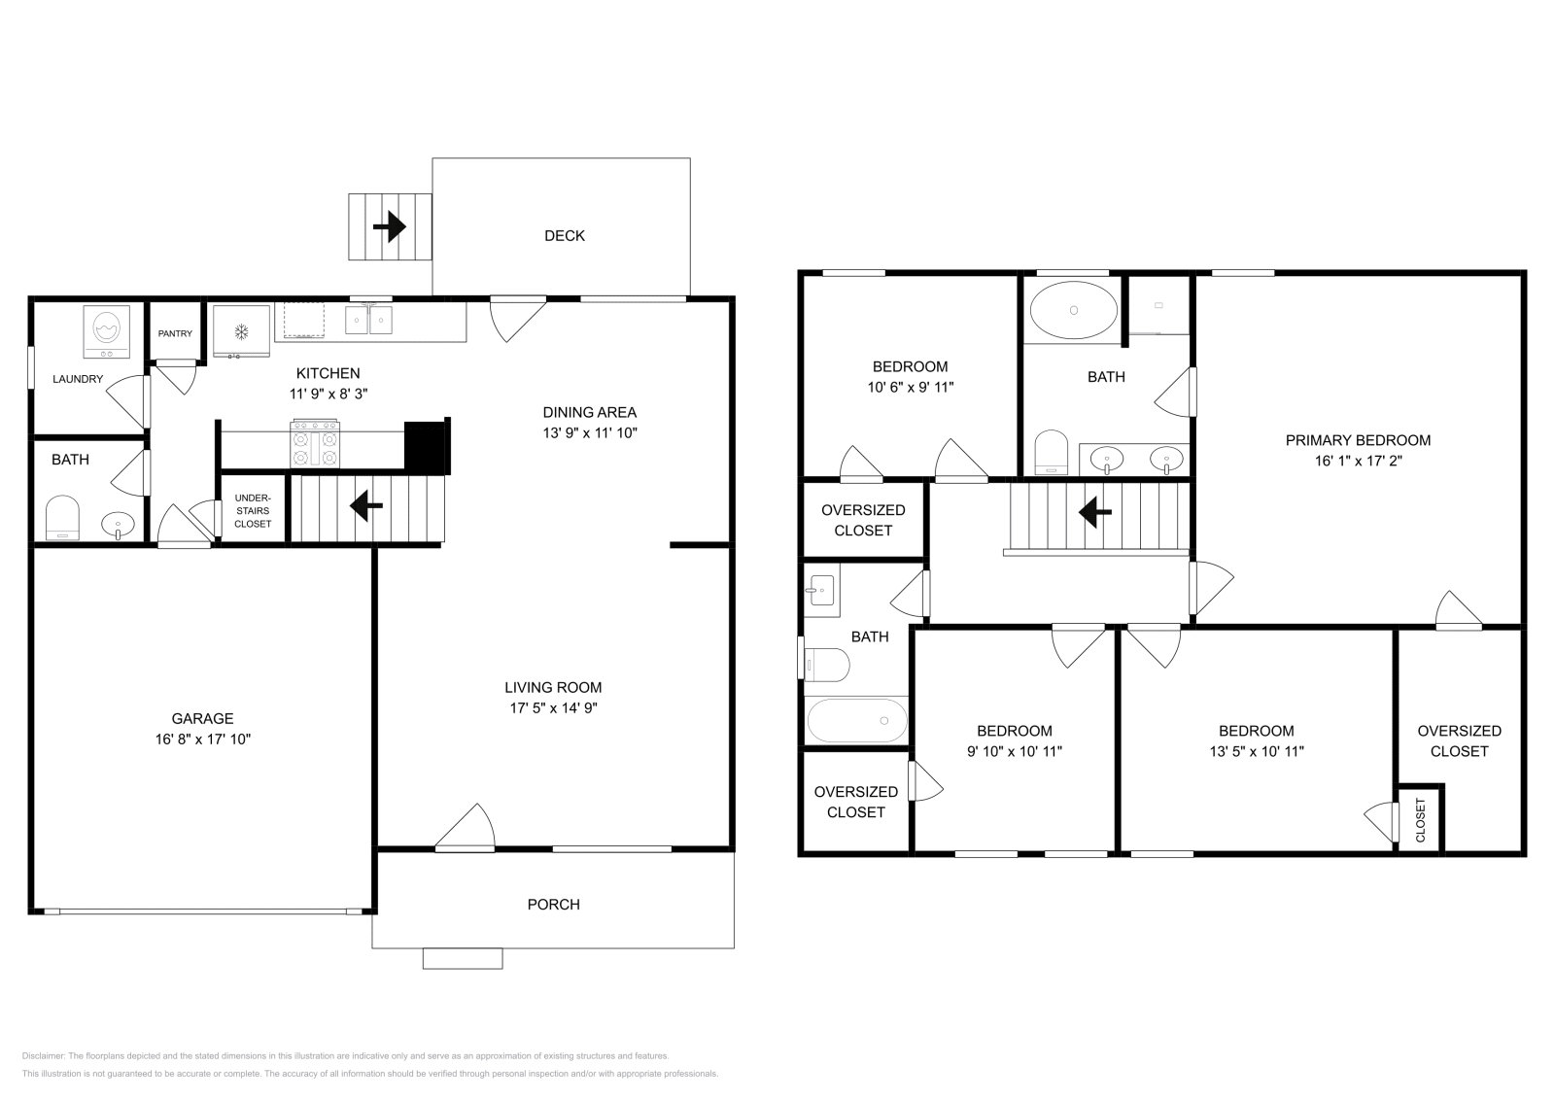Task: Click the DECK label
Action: (x=564, y=235)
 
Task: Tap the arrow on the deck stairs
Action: (x=389, y=226)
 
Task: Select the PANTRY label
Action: (x=175, y=333)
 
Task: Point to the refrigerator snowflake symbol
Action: (x=240, y=332)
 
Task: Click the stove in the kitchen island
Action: (x=315, y=444)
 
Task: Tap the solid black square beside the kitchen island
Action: (x=424, y=447)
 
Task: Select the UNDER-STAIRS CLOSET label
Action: (x=253, y=511)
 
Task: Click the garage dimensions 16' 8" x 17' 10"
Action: (x=202, y=739)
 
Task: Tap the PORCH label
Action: (x=553, y=904)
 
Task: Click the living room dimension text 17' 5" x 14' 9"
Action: (x=553, y=708)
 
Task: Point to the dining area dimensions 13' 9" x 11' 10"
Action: (x=589, y=432)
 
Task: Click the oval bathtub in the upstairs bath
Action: (x=1074, y=310)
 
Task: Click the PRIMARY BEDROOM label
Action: (x=1358, y=440)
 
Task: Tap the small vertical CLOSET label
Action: (x=1420, y=819)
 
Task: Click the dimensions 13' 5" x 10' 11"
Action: (x=1256, y=751)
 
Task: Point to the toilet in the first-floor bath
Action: (x=62, y=518)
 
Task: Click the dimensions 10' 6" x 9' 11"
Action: (x=910, y=387)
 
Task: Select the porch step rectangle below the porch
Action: (x=463, y=958)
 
